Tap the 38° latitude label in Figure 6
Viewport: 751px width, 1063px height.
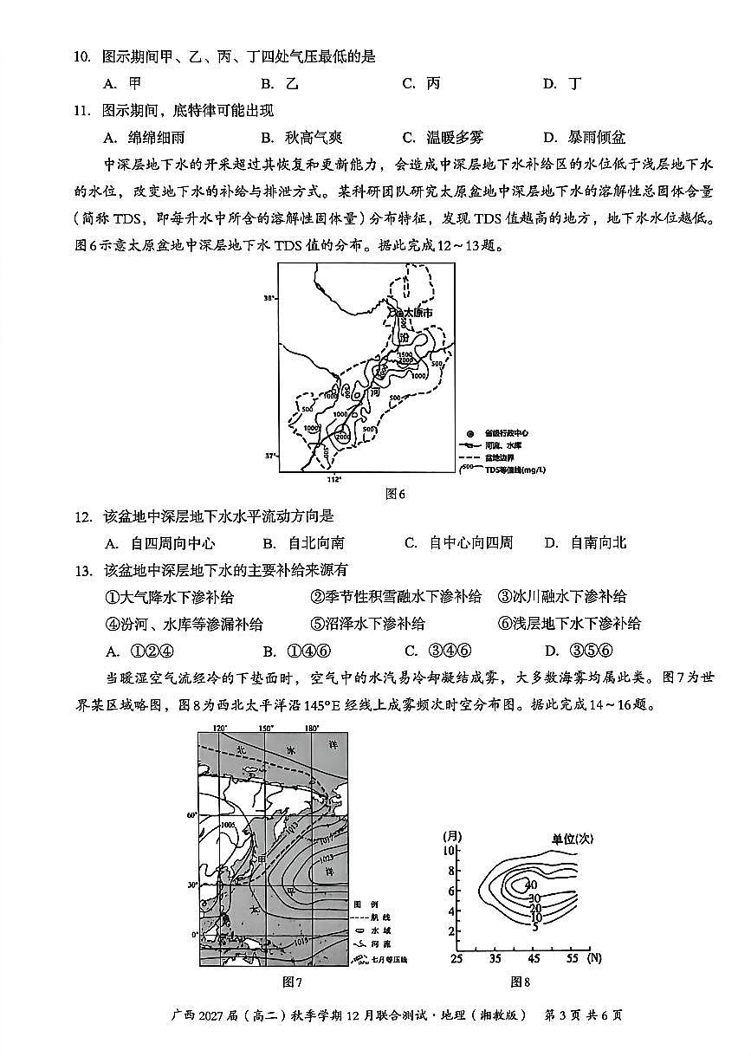(x=269, y=298)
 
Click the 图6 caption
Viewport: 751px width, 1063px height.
(x=395, y=494)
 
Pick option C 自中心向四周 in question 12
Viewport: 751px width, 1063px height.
(x=459, y=543)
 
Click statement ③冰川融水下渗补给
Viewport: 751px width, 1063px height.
(x=562, y=597)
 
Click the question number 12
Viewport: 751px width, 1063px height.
(x=83, y=517)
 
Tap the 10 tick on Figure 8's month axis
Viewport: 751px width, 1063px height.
(x=450, y=850)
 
